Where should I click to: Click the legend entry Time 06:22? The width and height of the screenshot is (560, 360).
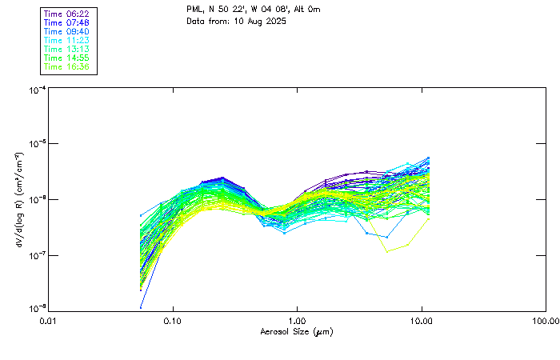[x=66, y=14]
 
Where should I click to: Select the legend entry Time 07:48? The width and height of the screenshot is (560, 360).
[x=66, y=22]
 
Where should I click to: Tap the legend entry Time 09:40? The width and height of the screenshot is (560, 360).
[x=66, y=31]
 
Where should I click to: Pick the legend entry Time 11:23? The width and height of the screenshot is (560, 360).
[x=66, y=40]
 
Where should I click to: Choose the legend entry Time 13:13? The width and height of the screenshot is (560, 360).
[x=66, y=49]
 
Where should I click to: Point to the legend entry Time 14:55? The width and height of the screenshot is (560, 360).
[x=66, y=58]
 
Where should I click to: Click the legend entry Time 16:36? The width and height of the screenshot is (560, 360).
[x=66, y=66]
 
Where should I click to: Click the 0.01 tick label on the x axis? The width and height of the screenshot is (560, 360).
[x=48, y=321]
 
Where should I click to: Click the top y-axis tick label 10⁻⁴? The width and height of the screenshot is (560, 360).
[x=36, y=91]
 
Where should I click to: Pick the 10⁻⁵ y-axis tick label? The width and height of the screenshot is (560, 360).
[x=36, y=144]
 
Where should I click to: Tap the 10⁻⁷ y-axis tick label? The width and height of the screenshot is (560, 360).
[x=36, y=255]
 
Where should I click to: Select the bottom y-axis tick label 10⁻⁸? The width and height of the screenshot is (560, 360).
[x=36, y=308]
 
